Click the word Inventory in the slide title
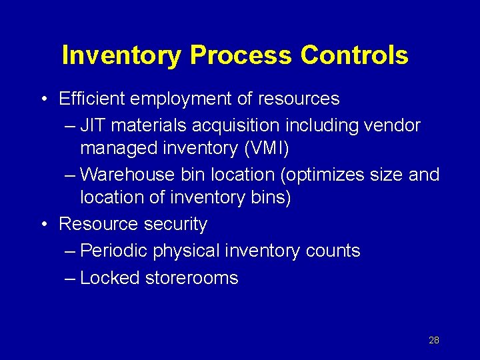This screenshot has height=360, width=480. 121,56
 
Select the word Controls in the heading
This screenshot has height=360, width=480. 354,56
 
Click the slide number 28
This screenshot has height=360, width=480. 434,340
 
